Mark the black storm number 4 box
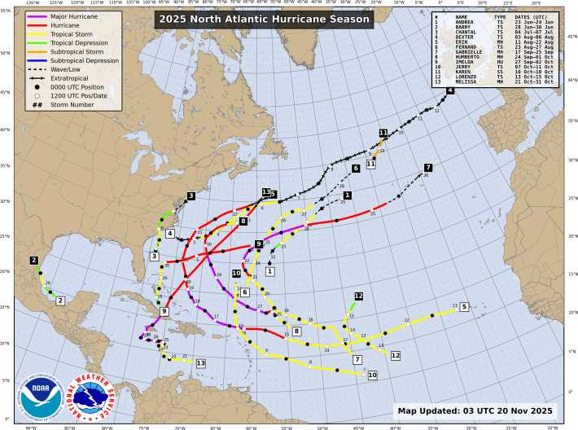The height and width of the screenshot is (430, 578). pyautogui.click(x=449, y=91)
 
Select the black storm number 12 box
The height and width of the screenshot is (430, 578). pyautogui.click(x=358, y=296)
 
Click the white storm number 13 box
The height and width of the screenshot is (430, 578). pyautogui.click(x=200, y=362)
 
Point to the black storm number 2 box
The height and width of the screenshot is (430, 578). pyautogui.click(x=34, y=261)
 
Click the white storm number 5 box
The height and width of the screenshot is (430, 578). pyautogui.click(x=464, y=307)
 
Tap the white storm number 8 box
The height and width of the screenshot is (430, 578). pyautogui.click(x=297, y=331)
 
